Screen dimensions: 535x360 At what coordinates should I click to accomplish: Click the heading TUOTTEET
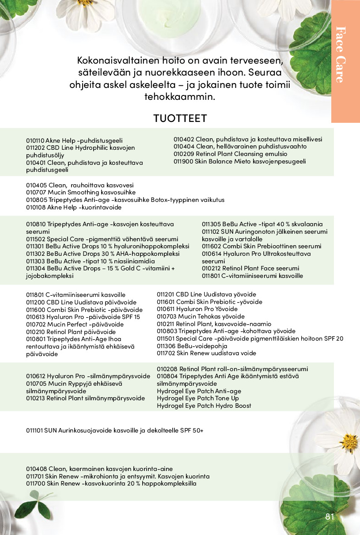pyautogui.click(x=180, y=118)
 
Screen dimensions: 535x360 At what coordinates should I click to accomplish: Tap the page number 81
pyautogui.click(x=330, y=517)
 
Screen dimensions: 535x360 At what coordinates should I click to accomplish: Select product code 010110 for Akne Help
pyautogui.click(x=35, y=140)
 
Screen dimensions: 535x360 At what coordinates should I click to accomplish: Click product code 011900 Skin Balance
pyautogui.click(x=183, y=161)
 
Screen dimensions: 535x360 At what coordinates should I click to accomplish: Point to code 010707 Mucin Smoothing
pyautogui.click(x=35, y=193)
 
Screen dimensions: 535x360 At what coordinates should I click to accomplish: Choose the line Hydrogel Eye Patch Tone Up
pyautogui.click(x=198, y=398)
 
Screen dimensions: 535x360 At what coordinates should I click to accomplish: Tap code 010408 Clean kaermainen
pyautogui.click(x=35, y=469)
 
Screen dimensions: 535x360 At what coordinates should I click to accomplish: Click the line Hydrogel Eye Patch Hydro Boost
pyautogui.click(x=204, y=406)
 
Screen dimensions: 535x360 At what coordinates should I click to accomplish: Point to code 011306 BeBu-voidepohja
pyautogui.click(x=166, y=346)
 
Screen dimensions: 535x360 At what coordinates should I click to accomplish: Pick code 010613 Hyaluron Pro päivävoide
pyautogui.click(x=35, y=317)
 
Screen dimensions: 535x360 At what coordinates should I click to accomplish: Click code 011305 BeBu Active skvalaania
pyautogui.click(x=211, y=224)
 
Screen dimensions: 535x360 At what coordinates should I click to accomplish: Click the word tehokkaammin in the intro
pyautogui.click(x=179, y=96)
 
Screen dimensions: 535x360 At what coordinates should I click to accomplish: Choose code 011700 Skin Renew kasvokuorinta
pyautogui.click(x=35, y=484)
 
